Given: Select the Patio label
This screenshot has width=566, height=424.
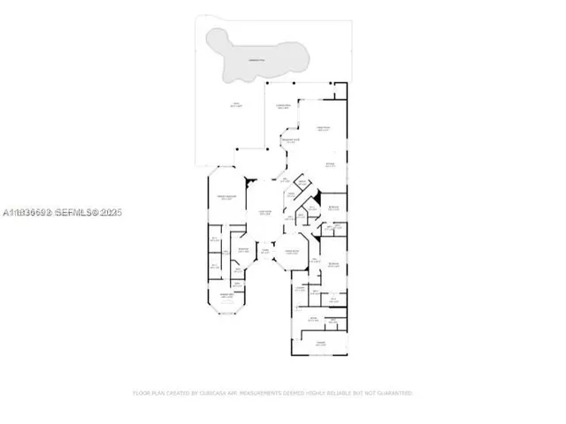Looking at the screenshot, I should coord(235,106).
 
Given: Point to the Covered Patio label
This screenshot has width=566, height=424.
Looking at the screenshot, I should coord(283,106).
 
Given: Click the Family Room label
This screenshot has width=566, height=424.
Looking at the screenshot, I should coord(323,129).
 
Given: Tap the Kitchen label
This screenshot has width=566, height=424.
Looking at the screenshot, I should coord(329,165).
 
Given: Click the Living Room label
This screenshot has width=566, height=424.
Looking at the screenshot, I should coord(264,211).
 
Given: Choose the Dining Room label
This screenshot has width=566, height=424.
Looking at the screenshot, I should coord(292,253).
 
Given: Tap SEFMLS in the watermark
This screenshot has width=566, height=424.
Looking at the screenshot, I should coord(78,213).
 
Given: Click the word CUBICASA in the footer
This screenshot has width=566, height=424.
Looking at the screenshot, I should coord(205,392).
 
